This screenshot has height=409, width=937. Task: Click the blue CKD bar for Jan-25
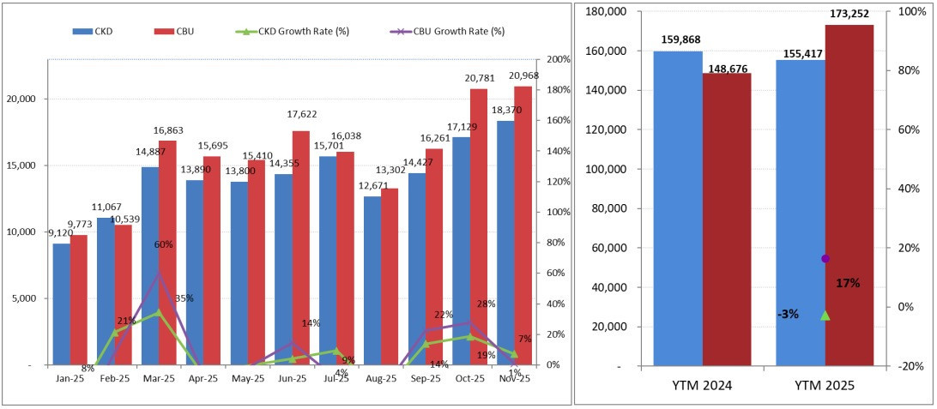(x=61, y=304)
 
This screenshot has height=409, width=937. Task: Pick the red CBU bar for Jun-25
(x=300, y=248)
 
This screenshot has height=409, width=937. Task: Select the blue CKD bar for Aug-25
(x=372, y=280)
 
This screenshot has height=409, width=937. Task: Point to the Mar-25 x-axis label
(x=159, y=377)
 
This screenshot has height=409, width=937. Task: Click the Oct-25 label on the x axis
(x=469, y=377)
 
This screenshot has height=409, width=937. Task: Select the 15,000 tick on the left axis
(x=23, y=165)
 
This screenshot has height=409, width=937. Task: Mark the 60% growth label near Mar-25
(x=164, y=244)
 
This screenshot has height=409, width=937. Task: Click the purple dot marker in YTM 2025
(x=825, y=258)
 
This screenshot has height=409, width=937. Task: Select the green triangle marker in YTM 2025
(x=825, y=316)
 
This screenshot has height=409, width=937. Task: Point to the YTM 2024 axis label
(x=702, y=387)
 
